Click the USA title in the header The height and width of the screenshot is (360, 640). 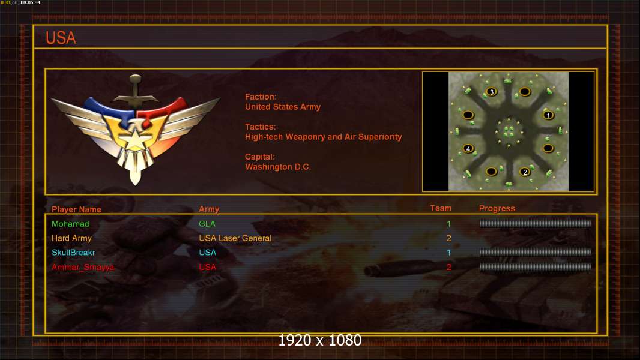(x=61, y=38)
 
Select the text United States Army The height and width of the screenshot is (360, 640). (x=282, y=107)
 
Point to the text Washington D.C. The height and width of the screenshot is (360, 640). (x=277, y=167)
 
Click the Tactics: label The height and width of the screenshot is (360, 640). (x=260, y=127)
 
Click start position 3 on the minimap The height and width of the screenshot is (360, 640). (x=492, y=92)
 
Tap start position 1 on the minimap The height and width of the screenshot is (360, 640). (x=548, y=115)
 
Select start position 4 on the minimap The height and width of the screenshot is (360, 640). (x=468, y=148)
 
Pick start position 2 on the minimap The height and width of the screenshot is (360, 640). (x=525, y=172)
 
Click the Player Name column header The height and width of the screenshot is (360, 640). (x=76, y=209)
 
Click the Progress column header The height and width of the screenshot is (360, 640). (x=497, y=208)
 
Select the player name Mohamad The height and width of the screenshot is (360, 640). (x=70, y=224)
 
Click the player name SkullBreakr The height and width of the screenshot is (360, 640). (x=73, y=253)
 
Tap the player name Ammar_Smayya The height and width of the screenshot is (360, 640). (x=83, y=267)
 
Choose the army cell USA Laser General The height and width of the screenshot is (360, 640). (x=235, y=238)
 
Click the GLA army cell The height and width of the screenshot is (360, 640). (x=207, y=224)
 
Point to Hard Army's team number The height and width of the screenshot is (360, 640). (x=448, y=238)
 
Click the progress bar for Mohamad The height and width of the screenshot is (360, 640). (x=536, y=223)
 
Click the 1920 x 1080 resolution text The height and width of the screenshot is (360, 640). (x=320, y=340)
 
